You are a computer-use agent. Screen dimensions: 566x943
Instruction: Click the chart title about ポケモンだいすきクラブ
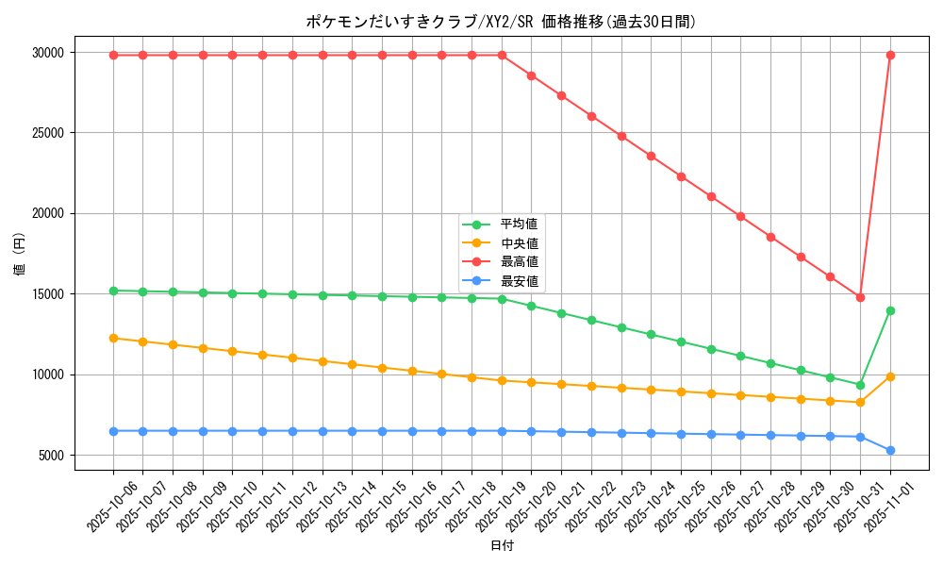pyautogui.click(x=501, y=22)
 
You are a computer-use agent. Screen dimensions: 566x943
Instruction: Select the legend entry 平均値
pyautogui.click(x=519, y=225)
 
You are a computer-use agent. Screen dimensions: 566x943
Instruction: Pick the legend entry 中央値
pyautogui.click(x=519, y=243)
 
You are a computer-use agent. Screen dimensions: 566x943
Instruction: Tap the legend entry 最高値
pyautogui.click(x=519, y=262)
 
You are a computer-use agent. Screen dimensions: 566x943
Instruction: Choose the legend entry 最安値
pyautogui.click(x=519, y=281)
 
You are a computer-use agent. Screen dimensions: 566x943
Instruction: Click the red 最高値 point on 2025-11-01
pyautogui.click(x=890, y=55)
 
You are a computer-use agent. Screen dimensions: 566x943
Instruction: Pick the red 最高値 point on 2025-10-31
pyautogui.click(x=860, y=297)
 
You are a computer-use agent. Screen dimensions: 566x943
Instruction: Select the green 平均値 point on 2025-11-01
pyautogui.click(x=890, y=310)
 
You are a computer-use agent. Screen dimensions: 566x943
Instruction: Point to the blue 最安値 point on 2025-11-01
pyautogui.click(x=890, y=450)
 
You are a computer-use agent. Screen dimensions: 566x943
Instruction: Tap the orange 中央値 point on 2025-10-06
pyautogui.click(x=113, y=338)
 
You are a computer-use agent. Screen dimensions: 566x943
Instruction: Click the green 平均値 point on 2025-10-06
pyautogui.click(x=113, y=291)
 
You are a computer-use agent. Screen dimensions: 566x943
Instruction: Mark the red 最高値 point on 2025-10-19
pyautogui.click(x=502, y=55)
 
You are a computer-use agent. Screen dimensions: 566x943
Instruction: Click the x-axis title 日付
pyautogui.click(x=502, y=546)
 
